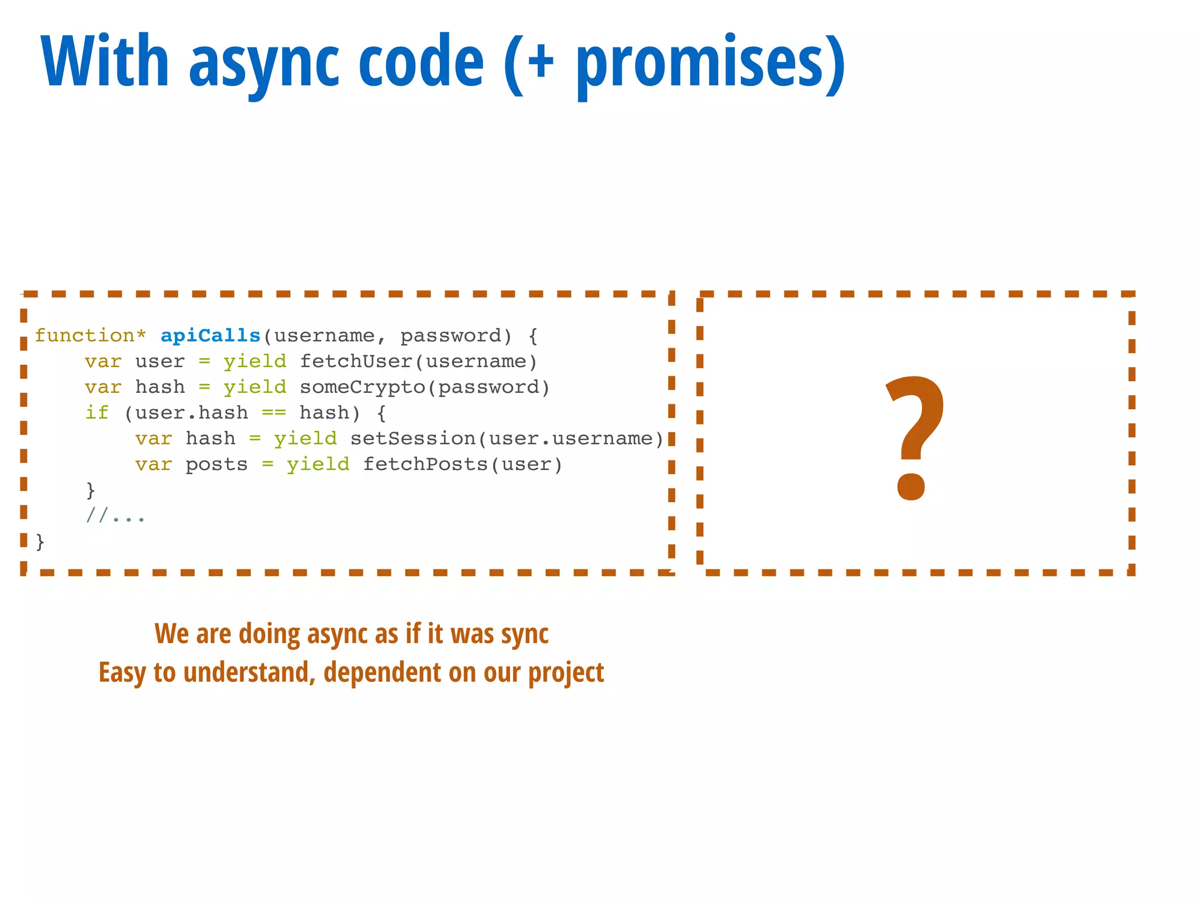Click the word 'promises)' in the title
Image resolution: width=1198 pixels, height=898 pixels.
(710, 63)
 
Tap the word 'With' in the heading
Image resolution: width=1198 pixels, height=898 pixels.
(105, 61)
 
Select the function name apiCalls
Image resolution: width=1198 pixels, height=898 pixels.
(210, 336)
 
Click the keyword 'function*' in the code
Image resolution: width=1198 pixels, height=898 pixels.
(90, 336)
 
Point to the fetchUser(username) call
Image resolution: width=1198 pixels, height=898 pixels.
(418, 361)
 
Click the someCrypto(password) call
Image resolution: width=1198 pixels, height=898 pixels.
(425, 387)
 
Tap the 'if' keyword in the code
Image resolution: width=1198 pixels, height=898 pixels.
(97, 413)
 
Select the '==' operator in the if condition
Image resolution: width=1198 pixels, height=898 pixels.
(273, 413)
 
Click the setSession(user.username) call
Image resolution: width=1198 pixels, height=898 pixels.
(507, 438)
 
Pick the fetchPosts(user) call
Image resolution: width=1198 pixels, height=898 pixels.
(462, 464)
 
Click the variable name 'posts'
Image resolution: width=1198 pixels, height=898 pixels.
(216, 465)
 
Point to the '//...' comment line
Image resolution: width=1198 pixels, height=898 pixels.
(115, 516)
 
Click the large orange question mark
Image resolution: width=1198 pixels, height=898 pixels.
(914, 438)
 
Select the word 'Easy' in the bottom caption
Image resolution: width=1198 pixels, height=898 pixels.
(122, 673)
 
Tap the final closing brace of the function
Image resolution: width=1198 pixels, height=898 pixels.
(40, 542)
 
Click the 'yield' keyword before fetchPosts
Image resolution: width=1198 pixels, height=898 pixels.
(318, 464)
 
